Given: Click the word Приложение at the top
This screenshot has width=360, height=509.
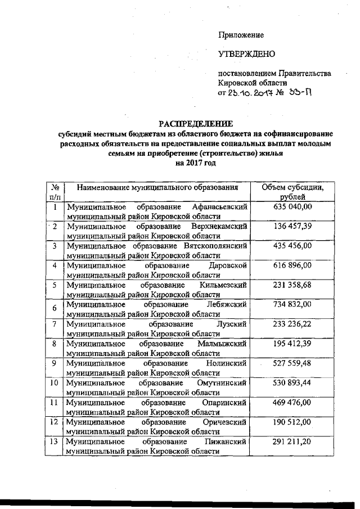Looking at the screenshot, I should tap(241, 35).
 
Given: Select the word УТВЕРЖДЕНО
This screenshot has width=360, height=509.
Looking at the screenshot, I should tap(246, 55).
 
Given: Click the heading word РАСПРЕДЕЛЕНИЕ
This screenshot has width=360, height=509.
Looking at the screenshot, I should tap(195, 124).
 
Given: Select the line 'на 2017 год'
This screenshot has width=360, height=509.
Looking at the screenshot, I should tap(195, 163).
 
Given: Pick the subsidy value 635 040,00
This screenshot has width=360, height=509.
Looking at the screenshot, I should tap(291, 207).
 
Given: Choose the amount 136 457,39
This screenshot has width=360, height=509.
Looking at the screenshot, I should tap(291, 226).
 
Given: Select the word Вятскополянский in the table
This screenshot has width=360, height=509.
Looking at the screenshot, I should tap(216, 246).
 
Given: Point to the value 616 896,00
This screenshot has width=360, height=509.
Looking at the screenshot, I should tap(291, 265).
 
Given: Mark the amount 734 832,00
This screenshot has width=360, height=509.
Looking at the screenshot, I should tap(291, 304).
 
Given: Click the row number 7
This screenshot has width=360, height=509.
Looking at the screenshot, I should tap(55, 323).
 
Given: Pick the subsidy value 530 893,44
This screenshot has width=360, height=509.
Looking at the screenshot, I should tap(291, 382).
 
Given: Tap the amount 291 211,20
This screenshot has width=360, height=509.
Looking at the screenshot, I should tap(291, 441).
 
